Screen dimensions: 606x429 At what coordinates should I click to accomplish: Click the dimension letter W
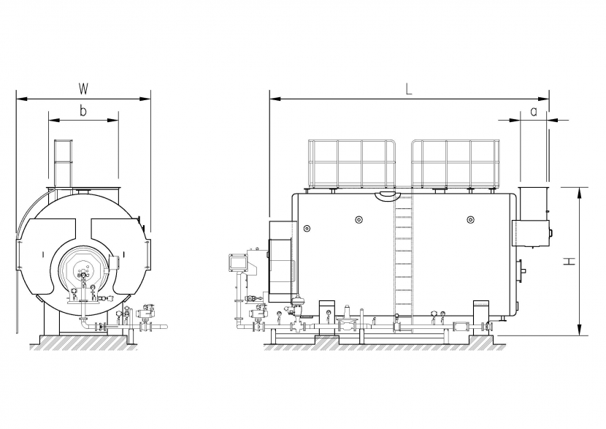pos(83,89)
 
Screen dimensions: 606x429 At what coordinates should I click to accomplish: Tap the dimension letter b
pos(83,111)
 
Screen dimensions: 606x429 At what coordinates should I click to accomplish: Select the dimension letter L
pos(410,89)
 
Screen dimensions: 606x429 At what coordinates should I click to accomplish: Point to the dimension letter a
pos(534,112)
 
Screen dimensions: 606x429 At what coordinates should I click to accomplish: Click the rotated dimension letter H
pos(569,262)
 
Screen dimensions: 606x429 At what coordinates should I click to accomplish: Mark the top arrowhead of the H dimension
pos(579,192)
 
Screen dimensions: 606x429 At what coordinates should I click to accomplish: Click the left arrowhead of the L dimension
pos(275,99)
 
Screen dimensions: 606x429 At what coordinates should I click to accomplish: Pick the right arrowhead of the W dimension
pos(146,99)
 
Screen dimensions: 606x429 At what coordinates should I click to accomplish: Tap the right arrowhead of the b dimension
pos(114,121)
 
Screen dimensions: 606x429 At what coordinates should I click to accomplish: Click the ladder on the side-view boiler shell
pos(404,263)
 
